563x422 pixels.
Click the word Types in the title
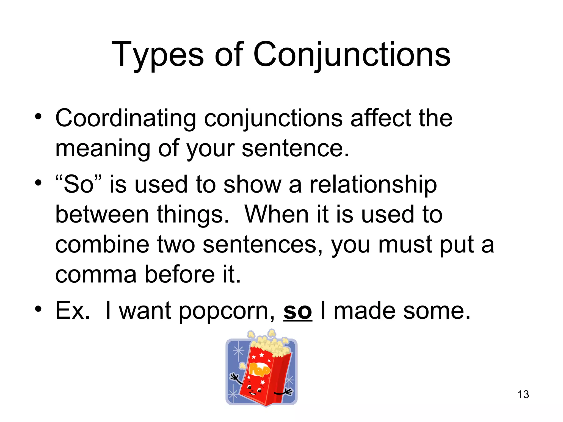point(158,55)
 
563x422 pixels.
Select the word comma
point(96,275)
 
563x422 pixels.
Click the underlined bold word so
point(297,311)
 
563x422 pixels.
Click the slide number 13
point(523,395)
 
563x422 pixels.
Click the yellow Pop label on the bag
point(259,369)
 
